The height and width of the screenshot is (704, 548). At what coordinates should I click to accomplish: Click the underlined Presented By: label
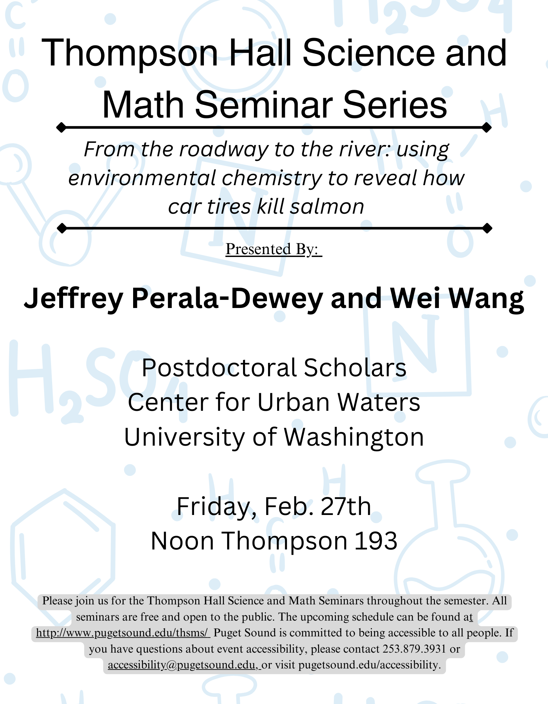274,249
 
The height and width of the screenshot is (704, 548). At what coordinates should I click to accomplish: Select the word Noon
182,541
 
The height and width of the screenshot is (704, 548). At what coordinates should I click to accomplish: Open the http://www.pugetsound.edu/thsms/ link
123,633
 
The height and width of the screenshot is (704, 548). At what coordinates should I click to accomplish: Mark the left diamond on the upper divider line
61,127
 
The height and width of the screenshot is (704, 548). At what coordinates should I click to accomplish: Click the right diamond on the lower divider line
487,228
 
